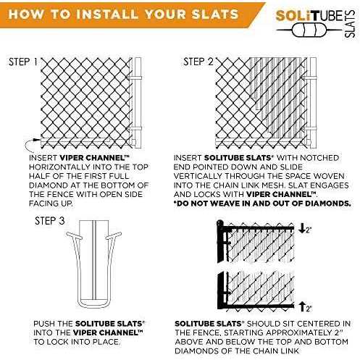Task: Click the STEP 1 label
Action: [x=22, y=62]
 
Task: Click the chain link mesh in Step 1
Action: [x=83, y=98]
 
